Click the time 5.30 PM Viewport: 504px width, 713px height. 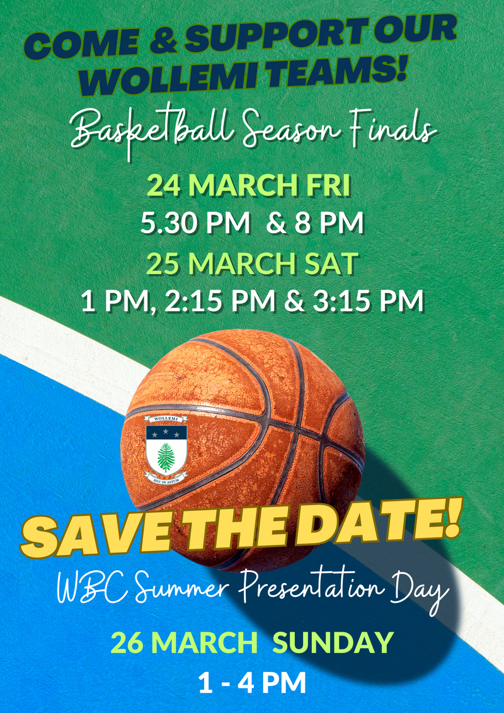[x=195, y=223]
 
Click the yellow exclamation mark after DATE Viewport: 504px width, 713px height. [x=450, y=517]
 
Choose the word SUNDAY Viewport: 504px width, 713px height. [x=334, y=643]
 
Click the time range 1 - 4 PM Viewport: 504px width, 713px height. [x=252, y=683]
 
